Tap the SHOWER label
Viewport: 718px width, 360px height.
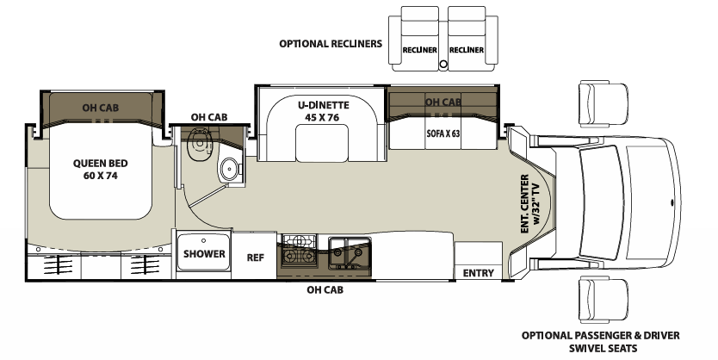click(204, 254)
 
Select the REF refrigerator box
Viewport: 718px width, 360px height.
click(256, 256)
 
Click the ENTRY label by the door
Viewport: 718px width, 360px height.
click(478, 273)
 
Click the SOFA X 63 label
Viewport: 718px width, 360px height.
click(444, 134)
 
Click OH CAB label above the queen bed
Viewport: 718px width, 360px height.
click(100, 108)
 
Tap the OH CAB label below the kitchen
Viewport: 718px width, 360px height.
click(325, 290)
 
